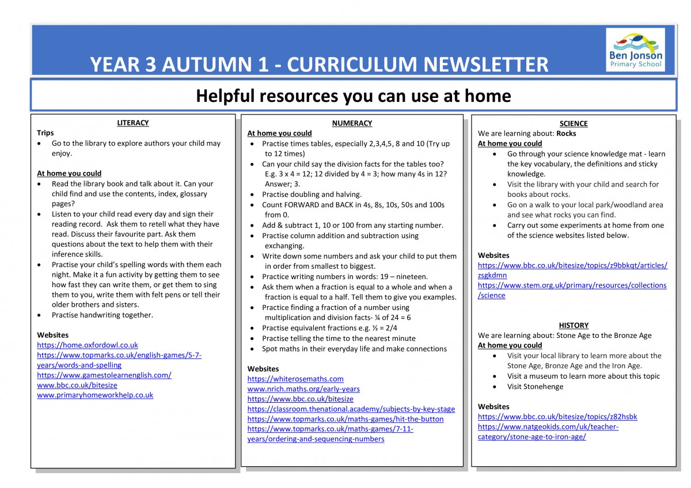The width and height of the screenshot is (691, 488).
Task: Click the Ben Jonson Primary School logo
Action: (x=635, y=50)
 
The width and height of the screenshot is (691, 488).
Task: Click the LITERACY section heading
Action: (x=133, y=123)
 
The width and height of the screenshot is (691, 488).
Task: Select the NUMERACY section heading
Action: (x=352, y=123)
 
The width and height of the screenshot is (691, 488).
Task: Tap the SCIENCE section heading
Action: (x=574, y=124)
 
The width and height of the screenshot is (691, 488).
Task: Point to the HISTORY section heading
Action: (x=574, y=325)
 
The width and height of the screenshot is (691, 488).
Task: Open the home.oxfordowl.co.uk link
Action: (x=88, y=345)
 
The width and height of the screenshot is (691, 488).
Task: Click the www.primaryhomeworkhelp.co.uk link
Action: (x=95, y=395)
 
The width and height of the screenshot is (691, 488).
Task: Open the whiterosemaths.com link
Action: (x=295, y=379)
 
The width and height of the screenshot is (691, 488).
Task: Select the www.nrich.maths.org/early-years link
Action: (x=303, y=389)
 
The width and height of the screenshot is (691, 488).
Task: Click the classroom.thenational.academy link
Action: (x=351, y=409)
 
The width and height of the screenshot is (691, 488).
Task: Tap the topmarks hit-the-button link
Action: (x=345, y=419)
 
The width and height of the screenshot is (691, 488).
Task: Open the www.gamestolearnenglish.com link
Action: (x=104, y=375)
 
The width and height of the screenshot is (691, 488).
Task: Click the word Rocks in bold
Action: (x=567, y=134)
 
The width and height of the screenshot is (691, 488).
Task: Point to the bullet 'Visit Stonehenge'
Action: (x=535, y=387)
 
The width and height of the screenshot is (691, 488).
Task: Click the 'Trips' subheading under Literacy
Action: (x=45, y=133)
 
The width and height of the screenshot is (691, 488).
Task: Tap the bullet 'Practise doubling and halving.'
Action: (x=312, y=195)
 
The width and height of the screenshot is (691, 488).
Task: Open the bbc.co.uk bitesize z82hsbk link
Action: (x=557, y=417)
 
